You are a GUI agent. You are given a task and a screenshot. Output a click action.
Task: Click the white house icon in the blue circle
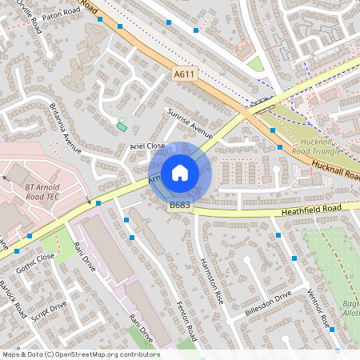click(180, 172)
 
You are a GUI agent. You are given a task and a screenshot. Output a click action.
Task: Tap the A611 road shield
click(185, 74)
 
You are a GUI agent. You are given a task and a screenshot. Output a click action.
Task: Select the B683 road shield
click(179, 206)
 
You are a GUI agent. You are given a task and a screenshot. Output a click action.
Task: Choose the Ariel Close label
click(147, 146)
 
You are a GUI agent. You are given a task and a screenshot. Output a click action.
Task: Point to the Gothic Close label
click(35, 265)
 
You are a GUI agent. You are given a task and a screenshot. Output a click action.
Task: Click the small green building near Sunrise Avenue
click(122, 125)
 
